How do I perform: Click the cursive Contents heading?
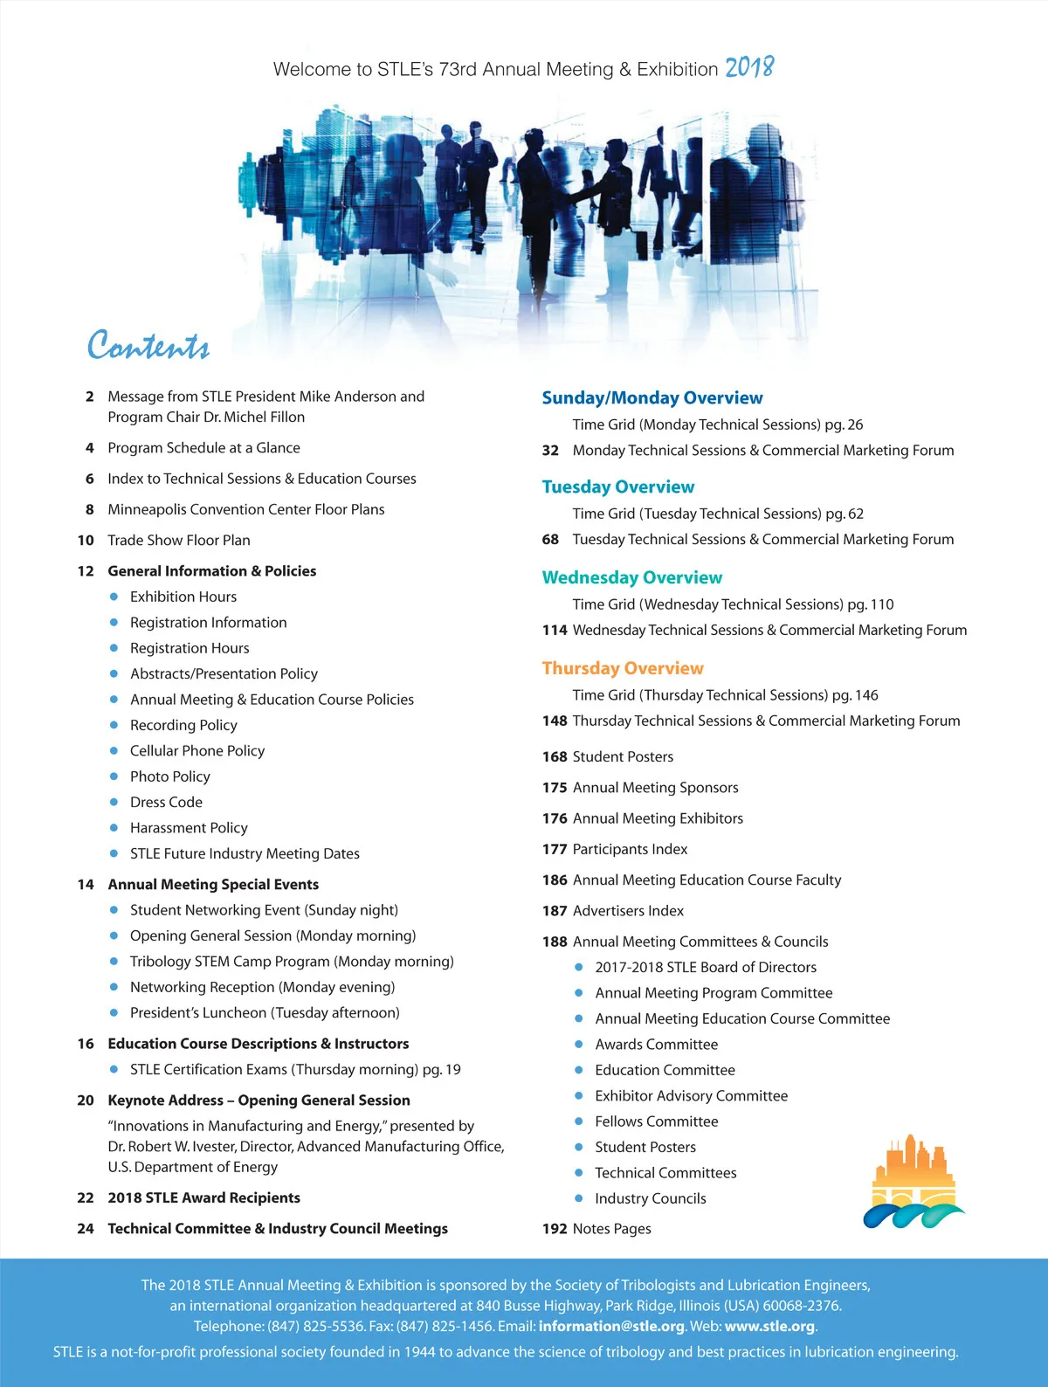(x=148, y=346)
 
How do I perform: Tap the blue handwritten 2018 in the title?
(x=749, y=67)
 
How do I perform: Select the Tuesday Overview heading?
(x=617, y=486)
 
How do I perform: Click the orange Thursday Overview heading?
(x=622, y=668)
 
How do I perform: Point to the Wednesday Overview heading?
(x=631, y=577)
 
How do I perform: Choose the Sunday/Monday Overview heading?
(x=652, y=397)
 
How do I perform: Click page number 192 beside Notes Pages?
(x=555, y=1229)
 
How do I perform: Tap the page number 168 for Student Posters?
(x=555, y=756)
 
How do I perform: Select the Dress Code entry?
(x=166, y=802)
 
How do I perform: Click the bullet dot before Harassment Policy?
(x=114, y=828)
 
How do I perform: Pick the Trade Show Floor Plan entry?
(x=178, y=540)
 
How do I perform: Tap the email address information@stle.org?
(x=611, y=1326)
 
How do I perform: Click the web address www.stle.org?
(x=769, y=1326)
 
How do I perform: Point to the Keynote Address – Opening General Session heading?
(x=259, y=1101)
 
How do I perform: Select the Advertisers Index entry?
(x=628, y=911)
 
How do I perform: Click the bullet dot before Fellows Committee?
(x=578, y=1121)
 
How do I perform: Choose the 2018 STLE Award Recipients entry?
(x=203, y=1197)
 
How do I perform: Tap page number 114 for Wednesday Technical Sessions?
(x=555, y=630)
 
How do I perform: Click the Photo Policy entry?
(x=169, y=776)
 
